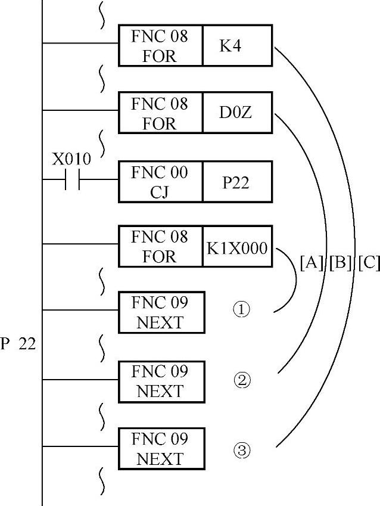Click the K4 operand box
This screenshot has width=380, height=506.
click(x=237, y=46)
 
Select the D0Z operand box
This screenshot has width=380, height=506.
click(x=237, y=113)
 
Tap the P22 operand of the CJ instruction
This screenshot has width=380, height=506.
click(x=237, y=181)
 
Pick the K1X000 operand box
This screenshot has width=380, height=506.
click(x=237, y=247)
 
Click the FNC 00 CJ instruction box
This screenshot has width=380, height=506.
click(x=160, y=181)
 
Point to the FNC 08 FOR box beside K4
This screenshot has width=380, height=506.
click(x=160, y=46)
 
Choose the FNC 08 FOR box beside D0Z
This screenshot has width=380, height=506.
click(x=160, y=113)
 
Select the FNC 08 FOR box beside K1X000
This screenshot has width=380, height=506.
click(x=160, y=247)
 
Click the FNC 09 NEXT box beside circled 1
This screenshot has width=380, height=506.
click(x=161, y=312)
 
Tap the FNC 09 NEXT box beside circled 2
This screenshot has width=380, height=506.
click(x=161, y=381)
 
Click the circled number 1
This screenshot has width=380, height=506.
click(x=241, y=311)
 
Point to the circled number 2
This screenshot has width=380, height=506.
click(x=241, y=380)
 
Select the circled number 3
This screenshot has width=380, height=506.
click(x=241, y=451)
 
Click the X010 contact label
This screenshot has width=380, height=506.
click(x=71, y=159)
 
